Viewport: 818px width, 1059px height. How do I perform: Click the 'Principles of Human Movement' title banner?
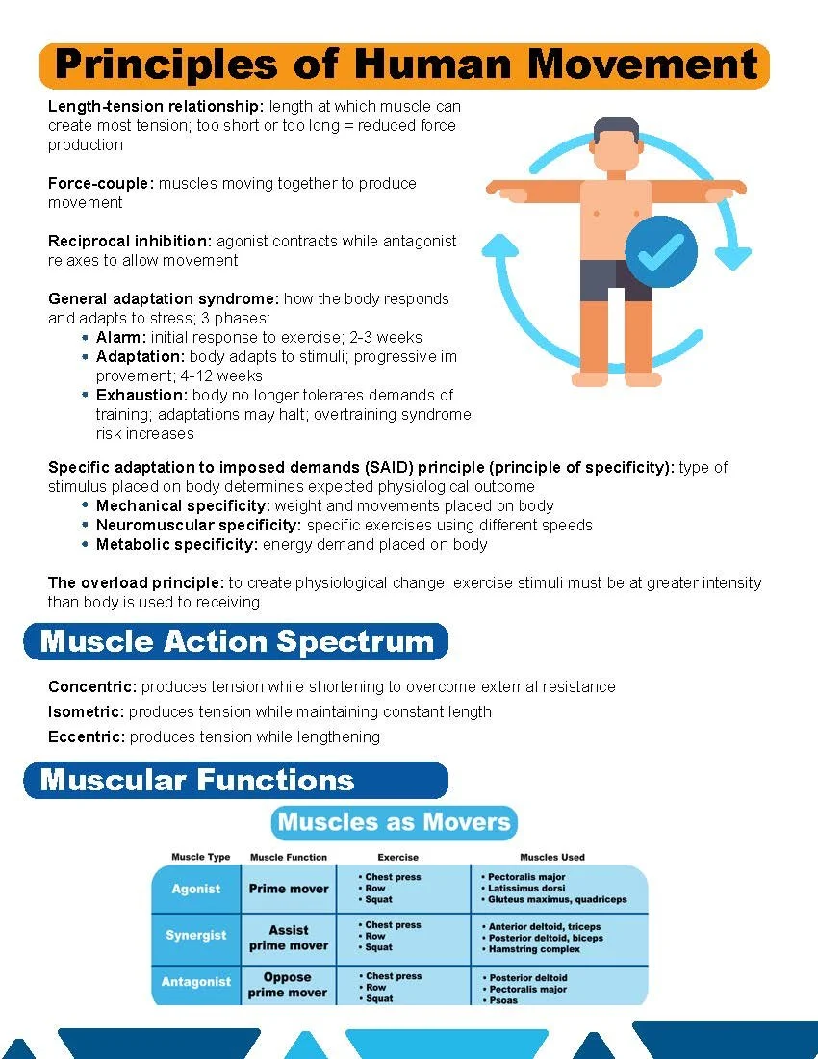(x=404, y=65)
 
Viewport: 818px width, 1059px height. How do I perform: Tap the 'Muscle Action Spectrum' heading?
(x=237, y=642)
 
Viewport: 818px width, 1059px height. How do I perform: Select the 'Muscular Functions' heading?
(x=197, y=780)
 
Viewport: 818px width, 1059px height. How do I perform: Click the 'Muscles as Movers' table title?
(x=394, y=822)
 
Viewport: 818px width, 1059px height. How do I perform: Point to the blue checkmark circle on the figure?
(x=661, y=251)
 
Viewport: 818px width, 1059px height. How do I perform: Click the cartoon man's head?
(x=616, y=144)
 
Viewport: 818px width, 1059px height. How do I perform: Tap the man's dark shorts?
(x=616, y=279)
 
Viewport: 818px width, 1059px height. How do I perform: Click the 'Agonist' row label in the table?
(x=196, y=890)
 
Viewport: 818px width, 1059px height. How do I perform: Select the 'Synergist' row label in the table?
(x=196, y=935)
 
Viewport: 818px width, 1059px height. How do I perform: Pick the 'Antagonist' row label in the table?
(x=196, y=982)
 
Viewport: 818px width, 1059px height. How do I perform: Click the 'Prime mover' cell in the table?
(x=289, y=889)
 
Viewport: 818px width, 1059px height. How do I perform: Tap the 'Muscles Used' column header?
(x=552, y=857)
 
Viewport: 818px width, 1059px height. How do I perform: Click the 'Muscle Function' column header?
(x=289, y=857)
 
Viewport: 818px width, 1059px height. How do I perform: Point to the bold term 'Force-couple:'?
(x=101, y=183)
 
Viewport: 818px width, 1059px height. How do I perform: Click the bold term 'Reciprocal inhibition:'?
(x=131, y=241)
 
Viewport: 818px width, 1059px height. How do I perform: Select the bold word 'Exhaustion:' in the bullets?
(x=141, y=395)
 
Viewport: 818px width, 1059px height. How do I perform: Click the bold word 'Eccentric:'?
(x=87, y=736)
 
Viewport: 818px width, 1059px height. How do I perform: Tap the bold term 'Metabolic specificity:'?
(x=177, y=544)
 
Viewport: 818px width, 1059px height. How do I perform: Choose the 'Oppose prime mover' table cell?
(x=288, y=985)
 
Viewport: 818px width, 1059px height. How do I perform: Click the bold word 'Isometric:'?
(x=87, y=711)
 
